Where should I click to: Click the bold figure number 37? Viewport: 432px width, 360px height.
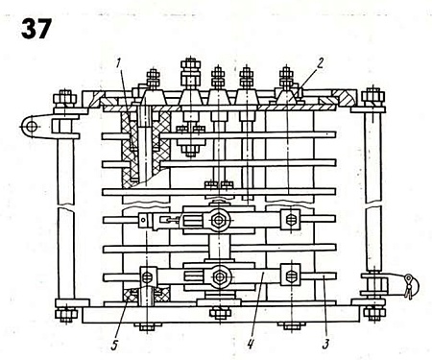[36, 29]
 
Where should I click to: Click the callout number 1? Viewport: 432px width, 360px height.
[119, 63]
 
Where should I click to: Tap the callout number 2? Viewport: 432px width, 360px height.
[320, 63]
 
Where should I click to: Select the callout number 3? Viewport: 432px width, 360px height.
[325, 344]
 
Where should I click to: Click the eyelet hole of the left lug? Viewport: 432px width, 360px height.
[32, 127]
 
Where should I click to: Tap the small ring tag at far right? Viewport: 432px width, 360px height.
[409, 279]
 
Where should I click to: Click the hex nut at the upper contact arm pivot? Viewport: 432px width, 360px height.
[219, 220]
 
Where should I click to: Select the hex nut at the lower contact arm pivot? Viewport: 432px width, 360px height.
[219, 276]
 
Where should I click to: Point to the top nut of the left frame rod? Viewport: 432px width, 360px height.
[65, 98]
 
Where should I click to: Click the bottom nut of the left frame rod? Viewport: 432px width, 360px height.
[66, 315]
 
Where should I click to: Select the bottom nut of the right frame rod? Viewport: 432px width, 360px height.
[373, 314]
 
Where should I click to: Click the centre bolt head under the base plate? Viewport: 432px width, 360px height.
[220, 313]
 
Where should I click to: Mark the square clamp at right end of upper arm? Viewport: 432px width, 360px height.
[290, 220]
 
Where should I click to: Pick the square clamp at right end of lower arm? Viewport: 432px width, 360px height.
[291, 275]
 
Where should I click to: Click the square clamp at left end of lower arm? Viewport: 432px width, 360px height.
[148, 276]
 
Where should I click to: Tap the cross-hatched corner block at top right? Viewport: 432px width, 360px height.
[344, 98]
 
